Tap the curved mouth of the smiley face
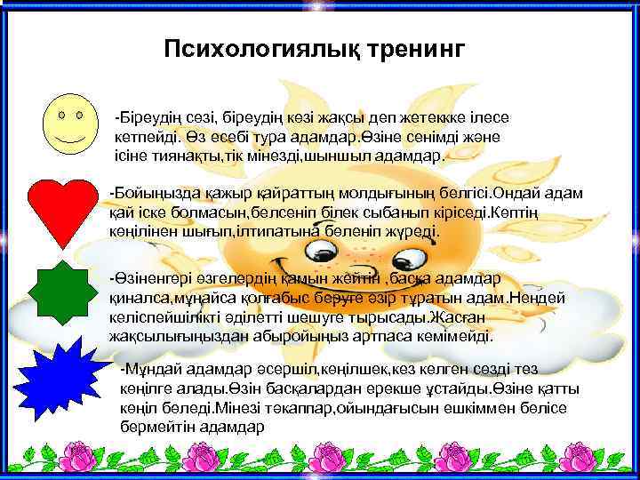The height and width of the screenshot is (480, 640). [x=70, y=140]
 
